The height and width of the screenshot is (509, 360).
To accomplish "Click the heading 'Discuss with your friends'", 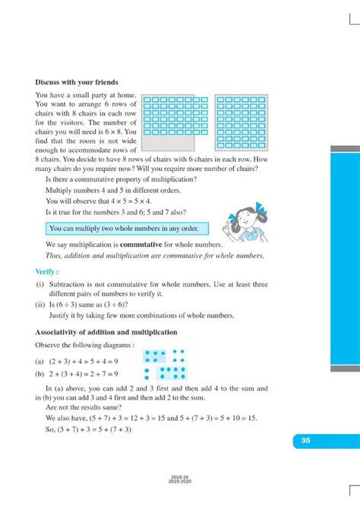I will click(76, 82).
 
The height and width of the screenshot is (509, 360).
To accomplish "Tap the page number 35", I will click(305, 440).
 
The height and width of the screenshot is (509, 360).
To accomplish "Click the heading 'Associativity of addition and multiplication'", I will click(106, 332).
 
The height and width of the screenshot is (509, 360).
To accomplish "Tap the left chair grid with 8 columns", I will click(175, 115).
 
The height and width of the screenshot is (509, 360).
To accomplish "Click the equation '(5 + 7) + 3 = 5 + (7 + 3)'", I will click(88, 429).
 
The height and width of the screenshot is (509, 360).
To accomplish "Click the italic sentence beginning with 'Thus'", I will click(155, 256).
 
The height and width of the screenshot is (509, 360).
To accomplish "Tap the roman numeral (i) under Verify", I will click(40, 284).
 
